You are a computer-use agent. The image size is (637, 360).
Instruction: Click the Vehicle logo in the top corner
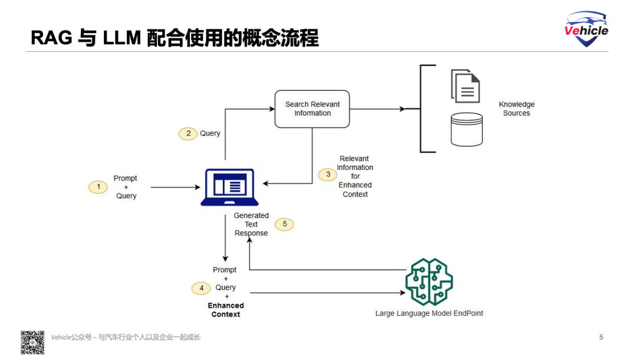coord(586,29)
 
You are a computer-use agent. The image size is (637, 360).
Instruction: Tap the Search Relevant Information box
coord(312,109)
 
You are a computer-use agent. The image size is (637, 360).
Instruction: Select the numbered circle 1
coord(98,187)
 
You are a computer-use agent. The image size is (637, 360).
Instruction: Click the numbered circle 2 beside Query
coord(188,133)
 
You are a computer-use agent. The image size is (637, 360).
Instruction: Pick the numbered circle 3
coord(328,175)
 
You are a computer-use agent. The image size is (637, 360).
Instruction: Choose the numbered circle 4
coord(201,288)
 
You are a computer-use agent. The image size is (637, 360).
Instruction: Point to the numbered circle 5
coord(284,224)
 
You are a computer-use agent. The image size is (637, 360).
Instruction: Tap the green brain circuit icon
coord(429,282)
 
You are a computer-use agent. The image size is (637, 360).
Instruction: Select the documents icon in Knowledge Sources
coord(465,86)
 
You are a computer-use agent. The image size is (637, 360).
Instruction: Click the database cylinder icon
coord(467,129)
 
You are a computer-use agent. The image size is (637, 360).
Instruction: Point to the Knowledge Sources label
coord(517,109)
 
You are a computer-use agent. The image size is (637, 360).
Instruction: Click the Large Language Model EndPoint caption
coord(429,313)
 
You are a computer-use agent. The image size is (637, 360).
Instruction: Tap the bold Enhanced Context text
coord(225,310)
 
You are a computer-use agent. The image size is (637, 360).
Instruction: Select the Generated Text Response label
coord(251,224)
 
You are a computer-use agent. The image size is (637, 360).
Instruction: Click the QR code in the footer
coord(32,342)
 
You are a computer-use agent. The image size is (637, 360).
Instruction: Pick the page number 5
coord(601,338)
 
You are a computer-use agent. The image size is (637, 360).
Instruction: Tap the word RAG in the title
coord(51,38)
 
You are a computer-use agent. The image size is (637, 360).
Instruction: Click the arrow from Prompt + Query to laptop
coord(175,187)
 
